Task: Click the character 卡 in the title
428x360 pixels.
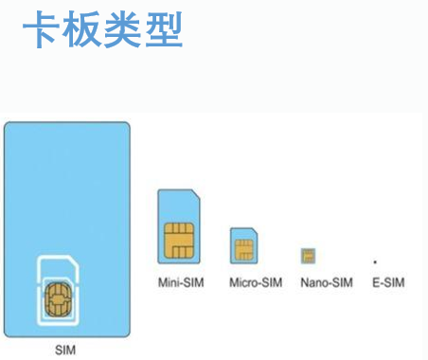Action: point(42,29)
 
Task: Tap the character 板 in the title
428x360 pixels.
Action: point(81,29)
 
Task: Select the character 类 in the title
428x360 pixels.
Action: point(122,29)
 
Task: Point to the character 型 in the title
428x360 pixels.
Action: point(164,29)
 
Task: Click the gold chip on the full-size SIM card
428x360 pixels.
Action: point(59,299)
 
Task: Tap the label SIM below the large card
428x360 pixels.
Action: point(65,350)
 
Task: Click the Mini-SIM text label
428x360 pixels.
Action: point(181,282)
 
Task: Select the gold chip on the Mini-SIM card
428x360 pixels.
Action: point(179,241)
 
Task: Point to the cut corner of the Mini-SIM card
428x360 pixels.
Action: point(196,194)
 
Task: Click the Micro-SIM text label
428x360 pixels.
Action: point(256,282)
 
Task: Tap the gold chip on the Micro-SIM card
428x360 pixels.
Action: point(244,249)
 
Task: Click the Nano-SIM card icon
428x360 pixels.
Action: point(308,256)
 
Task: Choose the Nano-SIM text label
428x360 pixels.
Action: point(327,282)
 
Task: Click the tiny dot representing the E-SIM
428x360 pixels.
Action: point(375,261)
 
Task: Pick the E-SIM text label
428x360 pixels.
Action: point(388,282)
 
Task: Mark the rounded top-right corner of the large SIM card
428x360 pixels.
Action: point(127,125)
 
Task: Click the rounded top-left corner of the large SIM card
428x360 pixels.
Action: point(8,125)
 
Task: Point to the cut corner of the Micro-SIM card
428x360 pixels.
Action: point(255,230)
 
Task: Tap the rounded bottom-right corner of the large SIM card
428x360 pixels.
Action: point(127,333)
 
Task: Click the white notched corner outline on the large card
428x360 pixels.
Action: point(74,260)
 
